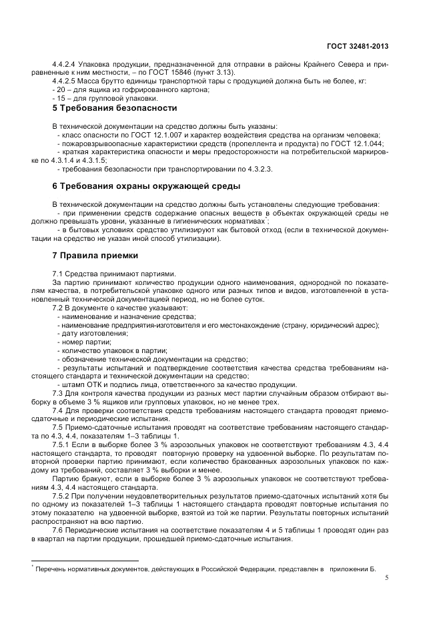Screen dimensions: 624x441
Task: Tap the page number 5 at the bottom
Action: (386, 579)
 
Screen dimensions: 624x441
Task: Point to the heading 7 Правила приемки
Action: (95, 255)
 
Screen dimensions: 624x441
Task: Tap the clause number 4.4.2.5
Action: (66, 81)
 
